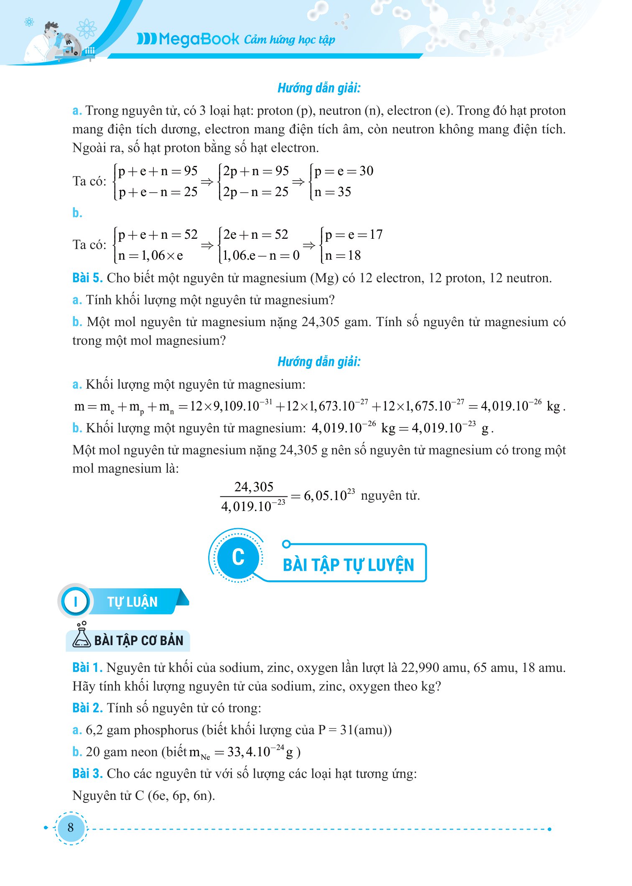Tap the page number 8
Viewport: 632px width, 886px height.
click(70, 827)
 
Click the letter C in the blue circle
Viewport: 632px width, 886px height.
click(238, 557)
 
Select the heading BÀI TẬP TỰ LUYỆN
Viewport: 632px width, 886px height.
click(348, 564)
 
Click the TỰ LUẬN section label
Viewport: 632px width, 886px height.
click(132, 602)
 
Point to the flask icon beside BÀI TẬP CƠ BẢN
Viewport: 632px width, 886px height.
click(82, 636)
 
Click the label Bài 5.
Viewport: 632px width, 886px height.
click(87, 278)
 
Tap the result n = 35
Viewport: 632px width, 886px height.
click(333, 192)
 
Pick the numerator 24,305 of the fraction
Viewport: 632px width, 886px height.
click(254, 487)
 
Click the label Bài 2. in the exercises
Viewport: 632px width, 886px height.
click(87, 708)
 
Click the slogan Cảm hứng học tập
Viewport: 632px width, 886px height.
click(289, 40)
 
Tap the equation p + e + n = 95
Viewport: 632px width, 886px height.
click(158, 171)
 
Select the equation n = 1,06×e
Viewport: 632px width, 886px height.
click(151, 255)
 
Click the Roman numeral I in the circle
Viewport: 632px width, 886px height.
click(76, 602)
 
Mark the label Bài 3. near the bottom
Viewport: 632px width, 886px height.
click(87, 774)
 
